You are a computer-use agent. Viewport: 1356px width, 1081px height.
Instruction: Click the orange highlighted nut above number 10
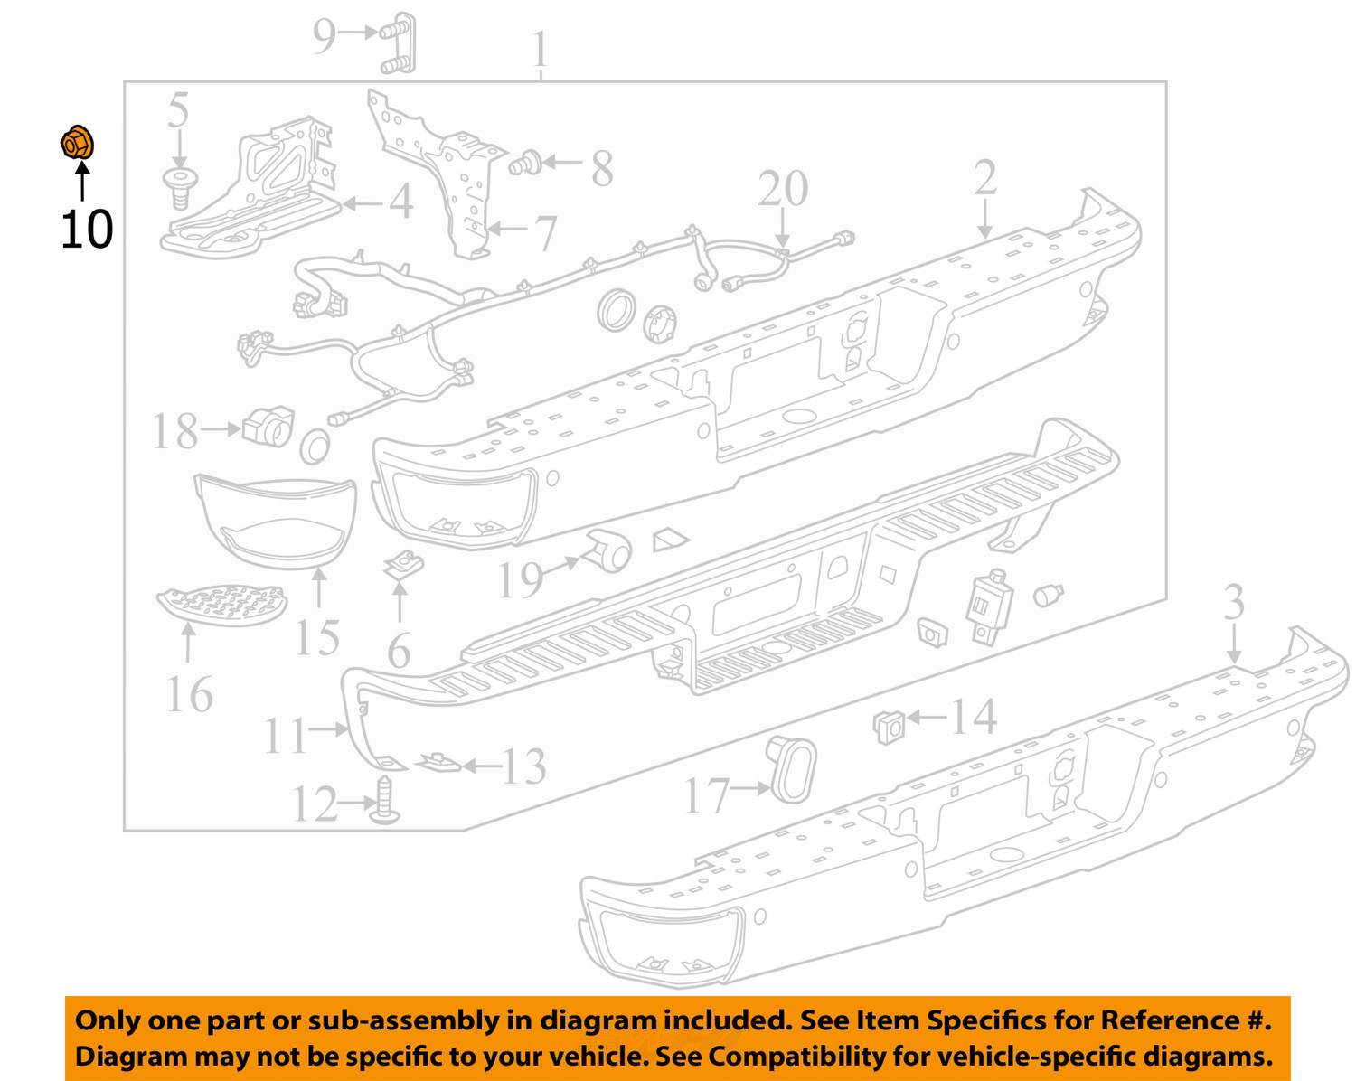[77, 144]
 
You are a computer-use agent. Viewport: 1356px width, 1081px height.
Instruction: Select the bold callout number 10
[87, 230]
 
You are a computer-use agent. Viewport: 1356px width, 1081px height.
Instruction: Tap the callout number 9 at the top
[325, 35]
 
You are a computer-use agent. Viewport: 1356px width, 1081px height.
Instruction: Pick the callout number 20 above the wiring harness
[783, 190]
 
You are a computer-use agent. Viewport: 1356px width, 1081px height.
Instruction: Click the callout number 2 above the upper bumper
[984, 178]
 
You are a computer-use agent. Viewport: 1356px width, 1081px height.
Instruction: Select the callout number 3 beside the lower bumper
[1234, 603]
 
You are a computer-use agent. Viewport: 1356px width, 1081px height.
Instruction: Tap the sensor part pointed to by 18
[268, 425]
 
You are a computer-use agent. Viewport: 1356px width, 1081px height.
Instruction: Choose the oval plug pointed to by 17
[791, 769]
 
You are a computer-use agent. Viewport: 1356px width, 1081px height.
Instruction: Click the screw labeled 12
[387, 801]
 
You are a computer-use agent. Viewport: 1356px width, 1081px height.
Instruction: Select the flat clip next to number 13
[438, 762]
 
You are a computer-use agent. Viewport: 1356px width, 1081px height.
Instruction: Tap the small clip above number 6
[398, 566]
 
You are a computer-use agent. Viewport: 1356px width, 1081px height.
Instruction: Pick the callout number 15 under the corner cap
[317, 638]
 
